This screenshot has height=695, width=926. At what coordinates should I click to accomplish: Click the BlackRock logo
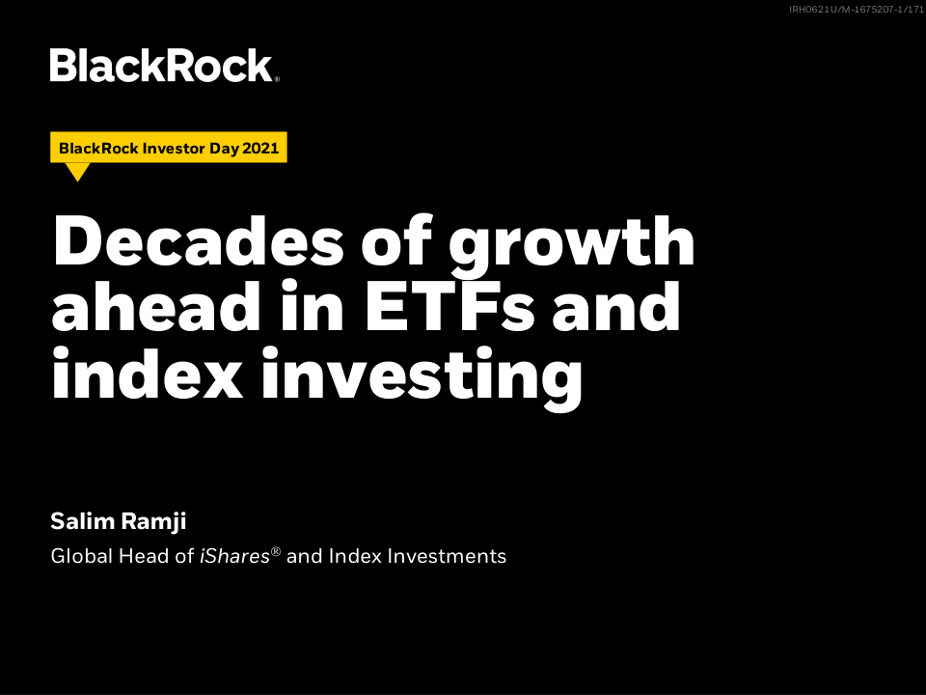point(164,65)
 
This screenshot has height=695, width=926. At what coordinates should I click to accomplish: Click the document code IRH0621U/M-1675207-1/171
point(857,10)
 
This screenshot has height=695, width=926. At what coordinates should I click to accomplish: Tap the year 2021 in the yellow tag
point(260,148)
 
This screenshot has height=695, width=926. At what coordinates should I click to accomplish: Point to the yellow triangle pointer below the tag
point(77,171)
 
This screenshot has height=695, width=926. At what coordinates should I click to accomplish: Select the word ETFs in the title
point(450,307)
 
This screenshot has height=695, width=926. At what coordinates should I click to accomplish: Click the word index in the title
point(148,374)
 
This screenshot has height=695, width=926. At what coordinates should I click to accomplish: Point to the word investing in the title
point(422,377)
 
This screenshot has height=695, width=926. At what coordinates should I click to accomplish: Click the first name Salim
point(82,520)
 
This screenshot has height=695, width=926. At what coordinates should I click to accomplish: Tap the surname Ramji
point(153,522)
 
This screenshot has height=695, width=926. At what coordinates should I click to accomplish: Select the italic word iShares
point(234,556)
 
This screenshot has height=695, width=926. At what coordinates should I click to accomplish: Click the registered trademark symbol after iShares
point(275,552)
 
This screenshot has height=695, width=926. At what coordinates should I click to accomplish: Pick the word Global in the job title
point(81,556)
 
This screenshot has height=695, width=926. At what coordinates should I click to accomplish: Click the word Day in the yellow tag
point(224,149)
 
